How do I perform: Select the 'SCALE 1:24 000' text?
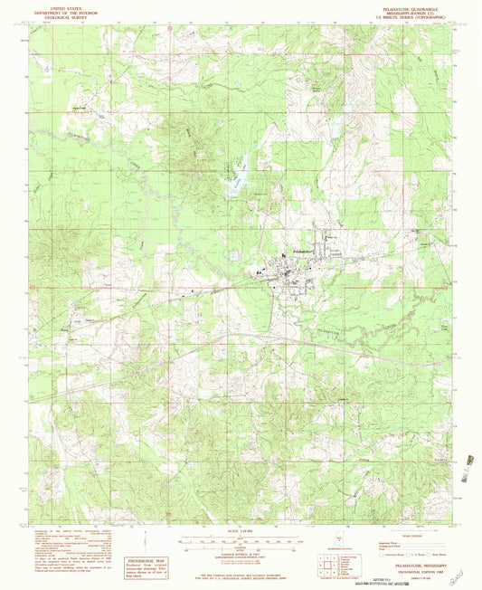(x=242, y=531)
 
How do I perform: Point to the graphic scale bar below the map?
(x=241, y=540)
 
